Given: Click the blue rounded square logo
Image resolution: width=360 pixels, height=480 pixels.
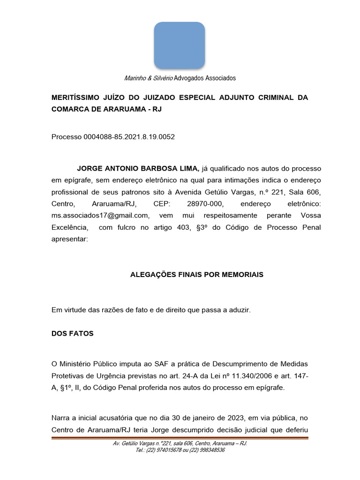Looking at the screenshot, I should (180, 45).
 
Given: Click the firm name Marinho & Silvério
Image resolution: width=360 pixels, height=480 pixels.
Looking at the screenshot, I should (148, 78).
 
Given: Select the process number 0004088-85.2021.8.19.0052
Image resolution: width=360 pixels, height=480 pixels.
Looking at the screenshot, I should (129, 137).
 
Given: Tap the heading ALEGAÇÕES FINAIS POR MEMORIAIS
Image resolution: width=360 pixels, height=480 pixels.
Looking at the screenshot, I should (196, 275).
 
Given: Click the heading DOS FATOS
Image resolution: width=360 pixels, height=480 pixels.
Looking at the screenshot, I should (72, 334).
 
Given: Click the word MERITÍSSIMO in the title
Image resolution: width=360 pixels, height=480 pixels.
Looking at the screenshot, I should (75, 97).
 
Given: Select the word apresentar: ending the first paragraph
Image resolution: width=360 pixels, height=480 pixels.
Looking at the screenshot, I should (69, 239).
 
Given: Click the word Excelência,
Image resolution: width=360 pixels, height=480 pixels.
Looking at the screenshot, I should (70, 227).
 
